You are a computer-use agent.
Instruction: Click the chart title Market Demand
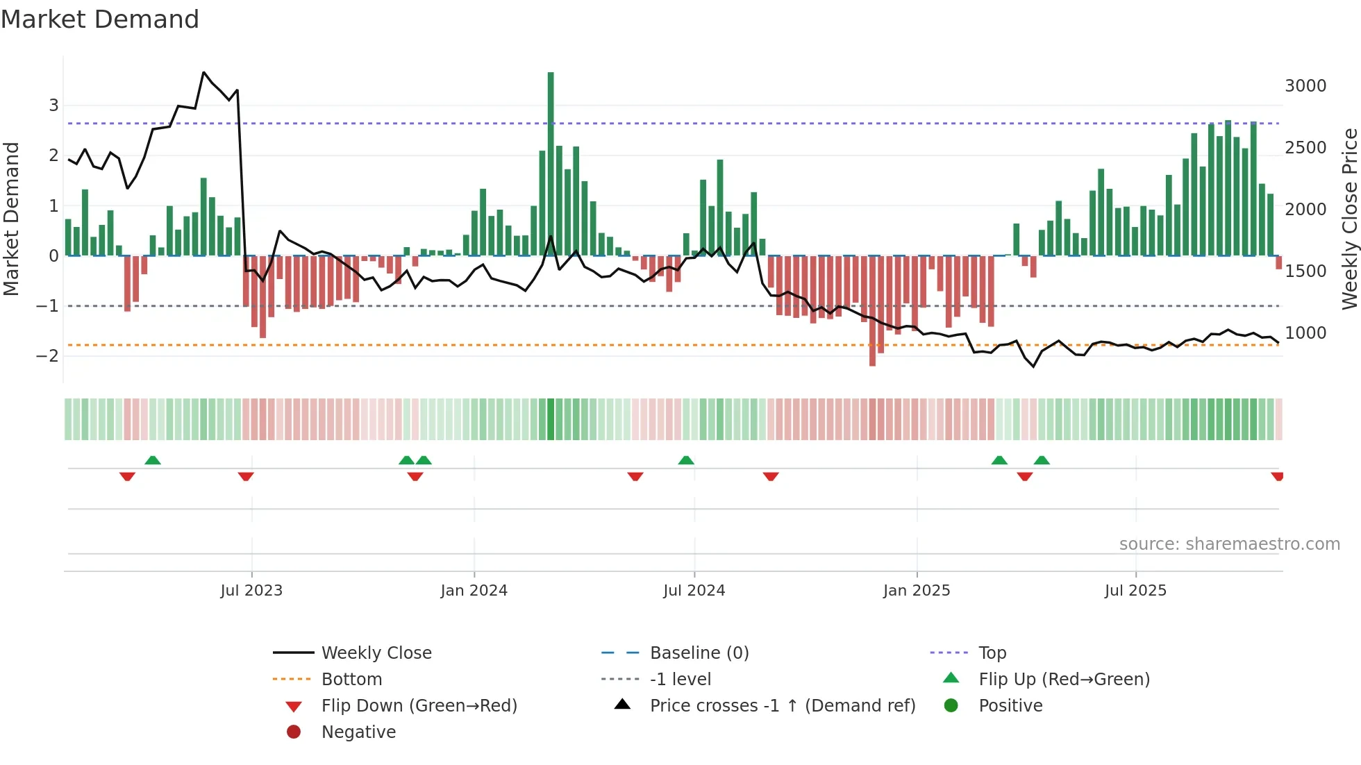tap(100, 19)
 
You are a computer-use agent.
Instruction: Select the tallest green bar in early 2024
tap(551, 163)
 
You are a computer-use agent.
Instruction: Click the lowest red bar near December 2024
tap(872, 310)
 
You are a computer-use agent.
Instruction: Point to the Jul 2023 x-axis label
tap(251, 591)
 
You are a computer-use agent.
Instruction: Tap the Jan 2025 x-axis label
tap(917, 591)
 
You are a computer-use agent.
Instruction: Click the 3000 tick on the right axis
tap(1305, 86)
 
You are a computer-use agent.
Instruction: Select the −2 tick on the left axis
tap(47, 356)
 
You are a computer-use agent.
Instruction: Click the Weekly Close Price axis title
tap(1349, 219)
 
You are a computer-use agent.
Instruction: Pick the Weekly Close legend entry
tap(376, 653)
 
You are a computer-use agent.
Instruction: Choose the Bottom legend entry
tap(351, 680)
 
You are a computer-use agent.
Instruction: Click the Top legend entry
tap(992, 653)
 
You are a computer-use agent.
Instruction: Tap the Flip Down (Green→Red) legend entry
tap(419, 706)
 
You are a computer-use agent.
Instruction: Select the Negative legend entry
tap(358, 732)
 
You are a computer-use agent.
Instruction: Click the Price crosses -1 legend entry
tap(782, 706)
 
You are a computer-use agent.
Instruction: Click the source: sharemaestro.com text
tap(1229, 544)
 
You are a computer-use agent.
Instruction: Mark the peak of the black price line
tap(203, 72)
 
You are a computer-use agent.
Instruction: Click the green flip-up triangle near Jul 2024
tap(686, 460)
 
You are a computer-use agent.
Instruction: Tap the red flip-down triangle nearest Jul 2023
tap(246, 476)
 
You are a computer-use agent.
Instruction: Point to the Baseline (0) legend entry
tap(699, 653)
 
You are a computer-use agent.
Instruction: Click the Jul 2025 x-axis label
tap(1135, 591)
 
